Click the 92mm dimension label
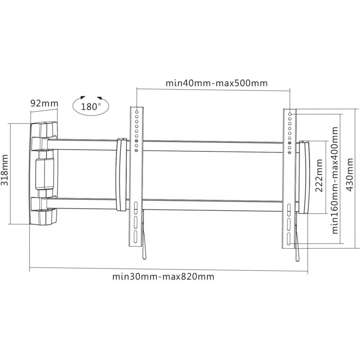pos(44,104)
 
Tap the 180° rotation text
pos(91,107)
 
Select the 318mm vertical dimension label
pos(5,174)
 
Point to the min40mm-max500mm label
pos(216,83)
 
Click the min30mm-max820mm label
pos(163,277)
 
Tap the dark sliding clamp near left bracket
pos(121,175)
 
